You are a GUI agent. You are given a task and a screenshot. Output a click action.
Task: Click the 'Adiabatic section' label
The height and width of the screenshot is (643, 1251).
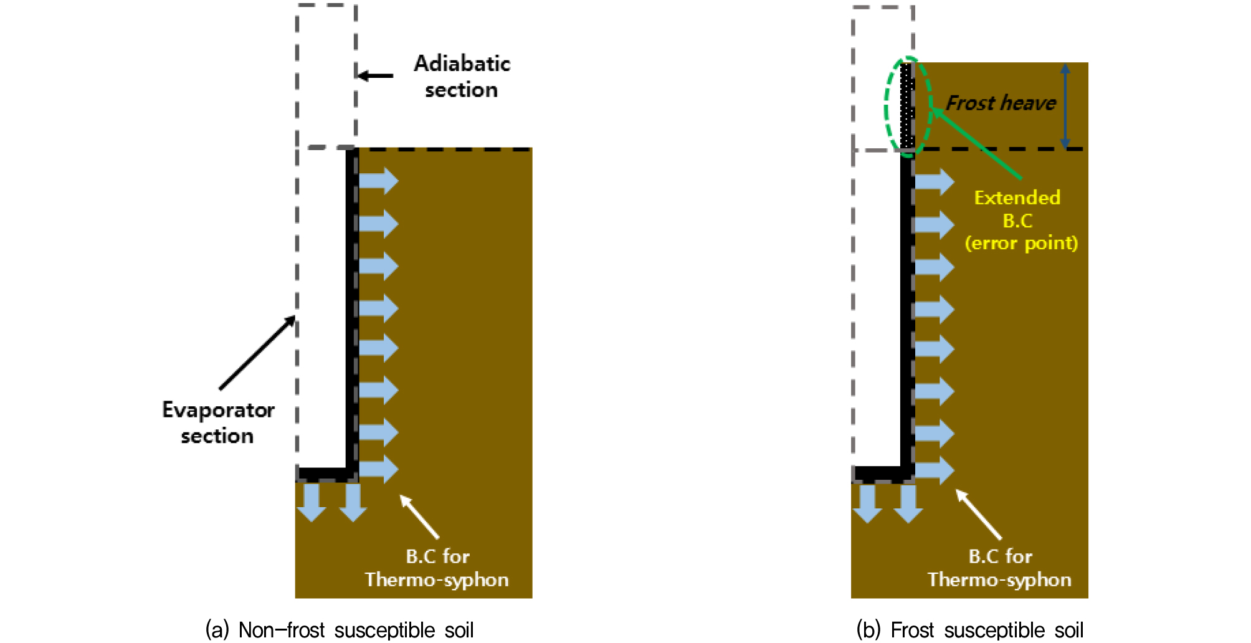462,77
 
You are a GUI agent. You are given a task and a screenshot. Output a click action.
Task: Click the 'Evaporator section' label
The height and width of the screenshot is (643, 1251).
218,422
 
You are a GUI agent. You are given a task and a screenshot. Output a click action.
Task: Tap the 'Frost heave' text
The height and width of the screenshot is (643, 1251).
1001,103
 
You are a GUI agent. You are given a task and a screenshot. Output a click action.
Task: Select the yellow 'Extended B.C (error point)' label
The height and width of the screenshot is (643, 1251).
1020,220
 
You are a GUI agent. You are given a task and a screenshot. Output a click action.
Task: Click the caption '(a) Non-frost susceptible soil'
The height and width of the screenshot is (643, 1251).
340,630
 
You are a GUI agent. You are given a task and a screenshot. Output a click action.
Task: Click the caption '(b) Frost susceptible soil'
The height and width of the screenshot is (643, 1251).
970,630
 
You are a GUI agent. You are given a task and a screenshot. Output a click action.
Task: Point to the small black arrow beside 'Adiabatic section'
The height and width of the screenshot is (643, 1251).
375,76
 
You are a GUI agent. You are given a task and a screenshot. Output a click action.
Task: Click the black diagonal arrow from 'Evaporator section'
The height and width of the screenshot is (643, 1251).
257,353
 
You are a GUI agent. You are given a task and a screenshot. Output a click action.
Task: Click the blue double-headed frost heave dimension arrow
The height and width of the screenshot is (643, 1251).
1065,106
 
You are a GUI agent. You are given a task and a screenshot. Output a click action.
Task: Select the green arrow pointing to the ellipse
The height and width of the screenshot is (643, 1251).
976,143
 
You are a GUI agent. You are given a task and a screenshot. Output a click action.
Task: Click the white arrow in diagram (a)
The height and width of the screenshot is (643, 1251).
419,517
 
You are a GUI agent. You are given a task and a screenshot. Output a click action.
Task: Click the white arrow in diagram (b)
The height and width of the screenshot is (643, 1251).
979,514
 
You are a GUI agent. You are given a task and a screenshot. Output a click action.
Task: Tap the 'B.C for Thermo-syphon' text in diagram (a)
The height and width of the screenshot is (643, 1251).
437,568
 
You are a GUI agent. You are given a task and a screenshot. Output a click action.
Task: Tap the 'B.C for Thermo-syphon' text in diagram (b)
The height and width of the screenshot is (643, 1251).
999,568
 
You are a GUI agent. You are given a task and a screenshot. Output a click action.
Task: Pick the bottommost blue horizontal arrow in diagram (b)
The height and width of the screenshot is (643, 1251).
935,470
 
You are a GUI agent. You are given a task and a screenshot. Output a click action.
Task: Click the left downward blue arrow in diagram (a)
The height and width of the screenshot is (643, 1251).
311,503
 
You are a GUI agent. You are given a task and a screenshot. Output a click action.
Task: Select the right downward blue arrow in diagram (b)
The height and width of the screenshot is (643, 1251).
908,503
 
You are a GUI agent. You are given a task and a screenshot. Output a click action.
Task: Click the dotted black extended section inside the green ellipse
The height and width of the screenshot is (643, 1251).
908,106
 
